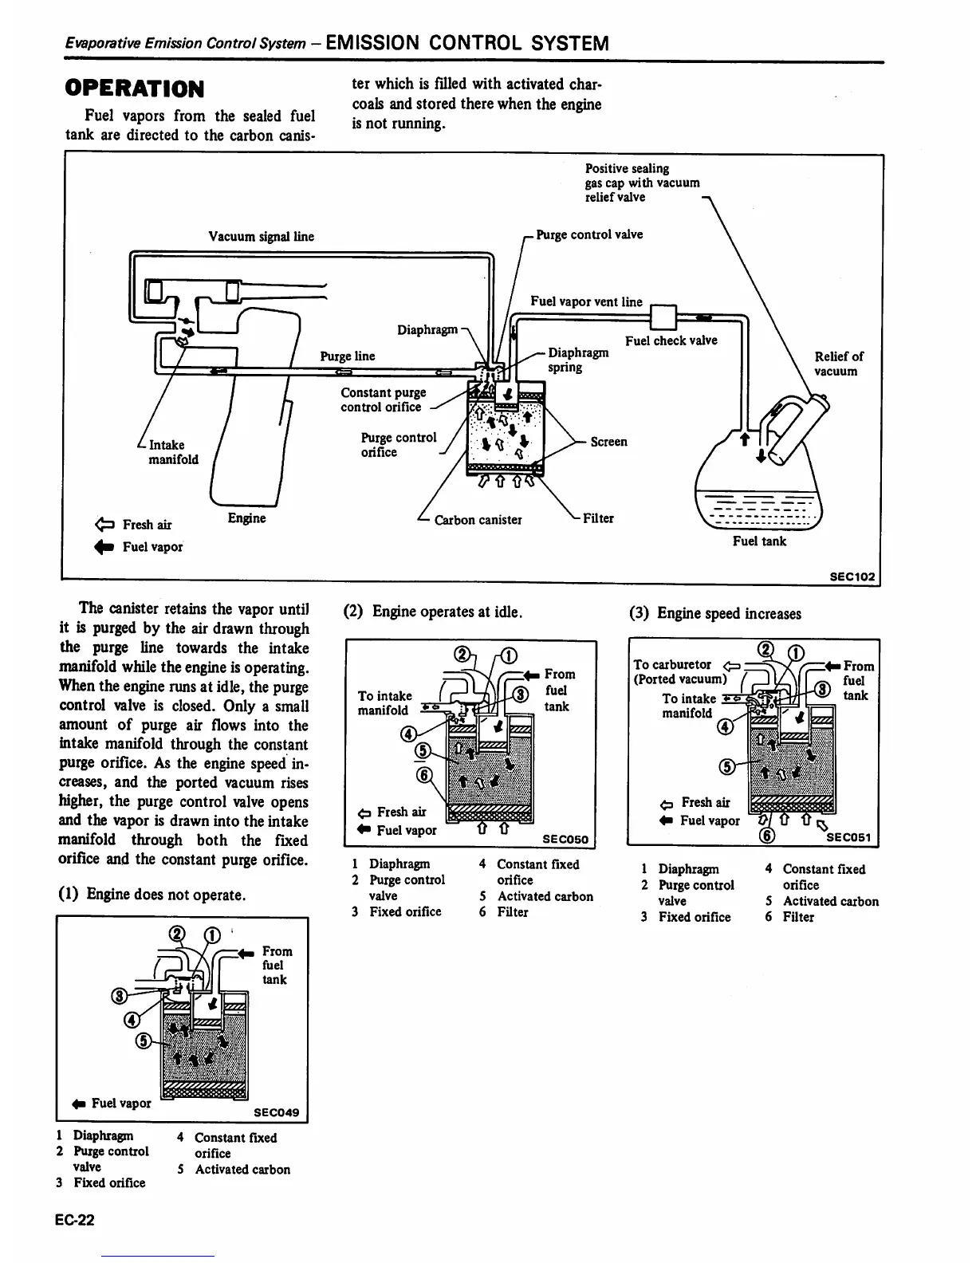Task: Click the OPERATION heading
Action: [x=135, y=88]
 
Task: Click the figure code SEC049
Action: [x=276, y=1112]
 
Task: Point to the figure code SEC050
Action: [x=565, y=839]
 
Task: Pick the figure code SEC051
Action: [x=850, y=837]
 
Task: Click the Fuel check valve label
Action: [x=671, y=340]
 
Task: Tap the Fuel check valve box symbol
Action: [x=663, y=317]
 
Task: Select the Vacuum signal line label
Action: [x=261, y=236]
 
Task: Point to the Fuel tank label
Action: [x=759, y=541]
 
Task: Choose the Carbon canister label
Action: [x=478, y=520]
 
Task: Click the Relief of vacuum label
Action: [x=838, y=364]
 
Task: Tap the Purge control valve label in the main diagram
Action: [x=589, y=234]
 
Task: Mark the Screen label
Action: [x=608, y=442]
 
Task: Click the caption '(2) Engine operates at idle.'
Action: [x=432, y=612]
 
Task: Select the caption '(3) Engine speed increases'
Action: [x=715, y=613]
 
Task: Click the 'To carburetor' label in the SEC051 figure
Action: [x=672, y=664]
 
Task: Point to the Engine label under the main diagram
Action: [x=246, y=518]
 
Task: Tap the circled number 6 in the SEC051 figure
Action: [x=766, y=836]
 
